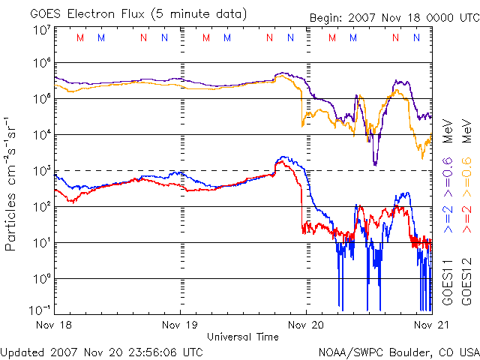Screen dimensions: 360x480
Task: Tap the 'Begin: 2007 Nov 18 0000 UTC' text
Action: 393,18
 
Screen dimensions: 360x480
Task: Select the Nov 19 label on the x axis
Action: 181,325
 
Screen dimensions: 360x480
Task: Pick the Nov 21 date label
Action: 424,325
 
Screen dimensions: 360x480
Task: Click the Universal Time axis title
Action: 242,337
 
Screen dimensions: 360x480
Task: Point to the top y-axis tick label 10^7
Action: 42,30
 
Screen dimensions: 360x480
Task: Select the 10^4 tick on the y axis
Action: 42,135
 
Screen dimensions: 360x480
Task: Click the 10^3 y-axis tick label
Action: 42,171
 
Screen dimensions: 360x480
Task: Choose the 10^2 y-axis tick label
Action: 42,207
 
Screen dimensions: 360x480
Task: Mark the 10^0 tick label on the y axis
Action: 42,279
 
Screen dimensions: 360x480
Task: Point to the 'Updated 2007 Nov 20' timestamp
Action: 102,352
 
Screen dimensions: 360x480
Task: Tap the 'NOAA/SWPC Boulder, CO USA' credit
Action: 398,352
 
